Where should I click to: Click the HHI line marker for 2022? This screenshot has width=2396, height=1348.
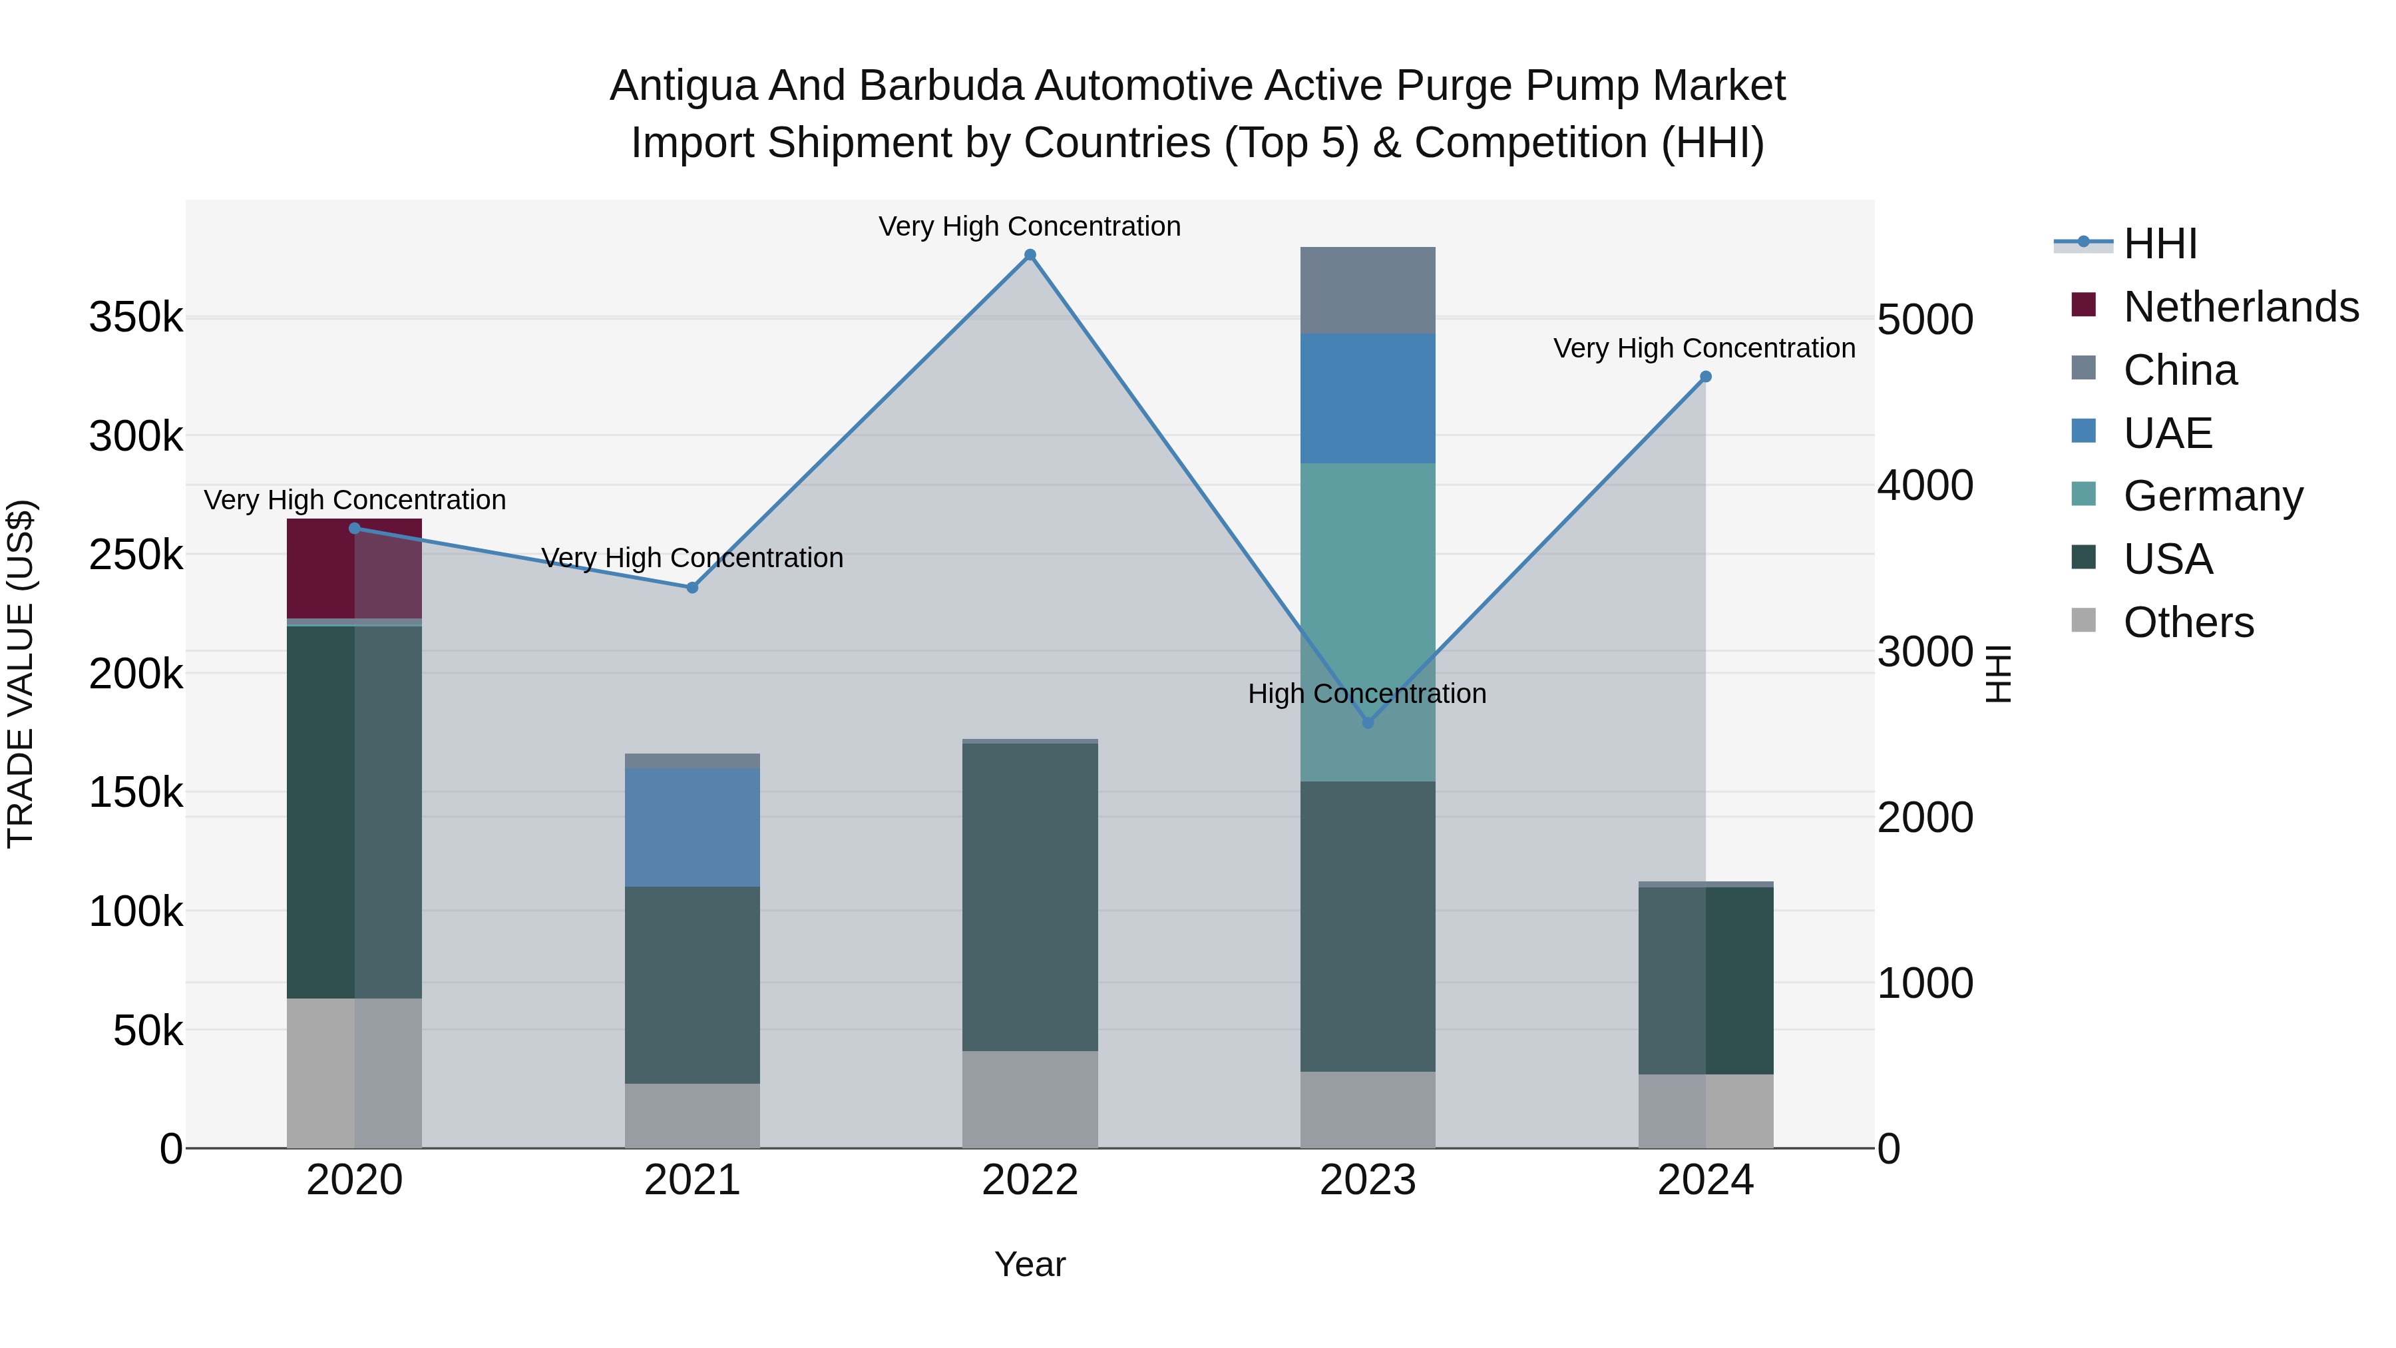click(x=1030, y=255)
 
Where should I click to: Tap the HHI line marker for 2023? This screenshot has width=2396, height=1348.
click(x=1367, y=723)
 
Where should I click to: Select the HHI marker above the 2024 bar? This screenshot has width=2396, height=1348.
click(x=1705, y=377)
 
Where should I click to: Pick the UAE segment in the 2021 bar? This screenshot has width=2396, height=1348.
click(x=692, y=827)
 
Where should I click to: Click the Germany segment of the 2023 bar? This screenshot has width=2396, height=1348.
click(x=1367, y=622)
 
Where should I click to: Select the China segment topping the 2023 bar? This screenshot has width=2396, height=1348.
click(x=1367, y=290)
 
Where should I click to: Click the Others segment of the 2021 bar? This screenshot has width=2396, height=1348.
click(x=692, y=1116)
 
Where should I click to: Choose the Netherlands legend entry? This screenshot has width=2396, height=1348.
click(x=2240, y=307)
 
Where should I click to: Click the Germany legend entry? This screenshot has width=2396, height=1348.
click(x=2212, y=496)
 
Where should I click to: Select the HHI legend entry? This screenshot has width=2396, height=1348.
click(x=2160, y=244)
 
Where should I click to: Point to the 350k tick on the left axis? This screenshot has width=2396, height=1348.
click(x=136, y=318)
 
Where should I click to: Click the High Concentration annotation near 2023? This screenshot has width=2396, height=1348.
click(x=1366, y=694)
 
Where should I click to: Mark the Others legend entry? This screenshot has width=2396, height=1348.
click(x=2188, y=622)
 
